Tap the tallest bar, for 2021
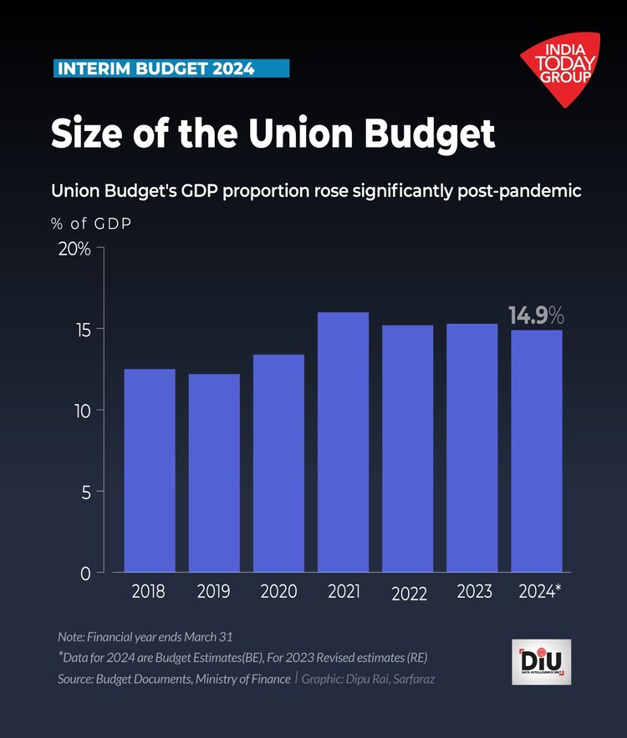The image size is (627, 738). click(344, 442)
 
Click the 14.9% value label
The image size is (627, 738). click(536, 316)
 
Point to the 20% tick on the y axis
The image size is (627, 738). click(74, 249)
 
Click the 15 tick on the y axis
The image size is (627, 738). click(80, 329)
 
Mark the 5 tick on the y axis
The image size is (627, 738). click(84, 492)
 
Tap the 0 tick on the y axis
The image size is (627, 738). click(84, 574)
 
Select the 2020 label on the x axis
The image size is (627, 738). click(278, 592)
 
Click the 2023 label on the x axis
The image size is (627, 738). click(474, 592)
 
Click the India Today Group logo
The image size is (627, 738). click(560, 68)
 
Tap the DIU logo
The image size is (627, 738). click(541, 662)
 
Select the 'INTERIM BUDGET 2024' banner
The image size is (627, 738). click(171, 68)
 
